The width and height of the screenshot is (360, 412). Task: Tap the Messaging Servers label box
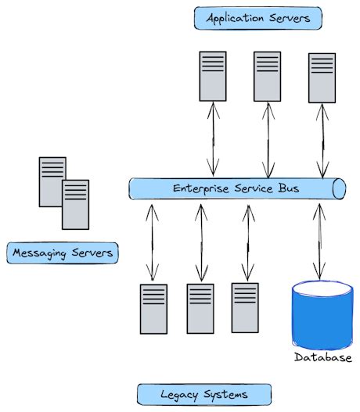pos(62,253)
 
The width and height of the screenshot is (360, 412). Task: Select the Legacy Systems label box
pos(203,393)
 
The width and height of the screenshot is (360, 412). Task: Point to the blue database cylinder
pos(321,317)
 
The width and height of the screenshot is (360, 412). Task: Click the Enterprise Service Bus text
pos(235,188)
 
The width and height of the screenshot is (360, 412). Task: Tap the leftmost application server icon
pos(212,77)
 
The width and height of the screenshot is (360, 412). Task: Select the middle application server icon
pos(267,77)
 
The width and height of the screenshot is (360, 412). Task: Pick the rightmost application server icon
pos(321,78)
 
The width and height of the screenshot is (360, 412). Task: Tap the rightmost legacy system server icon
pos(245,308)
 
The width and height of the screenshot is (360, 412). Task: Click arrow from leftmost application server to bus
pos(213,141)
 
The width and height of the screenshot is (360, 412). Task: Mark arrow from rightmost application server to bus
pos(321,141)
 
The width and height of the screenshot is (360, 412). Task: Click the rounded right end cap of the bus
pos(339,188)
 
